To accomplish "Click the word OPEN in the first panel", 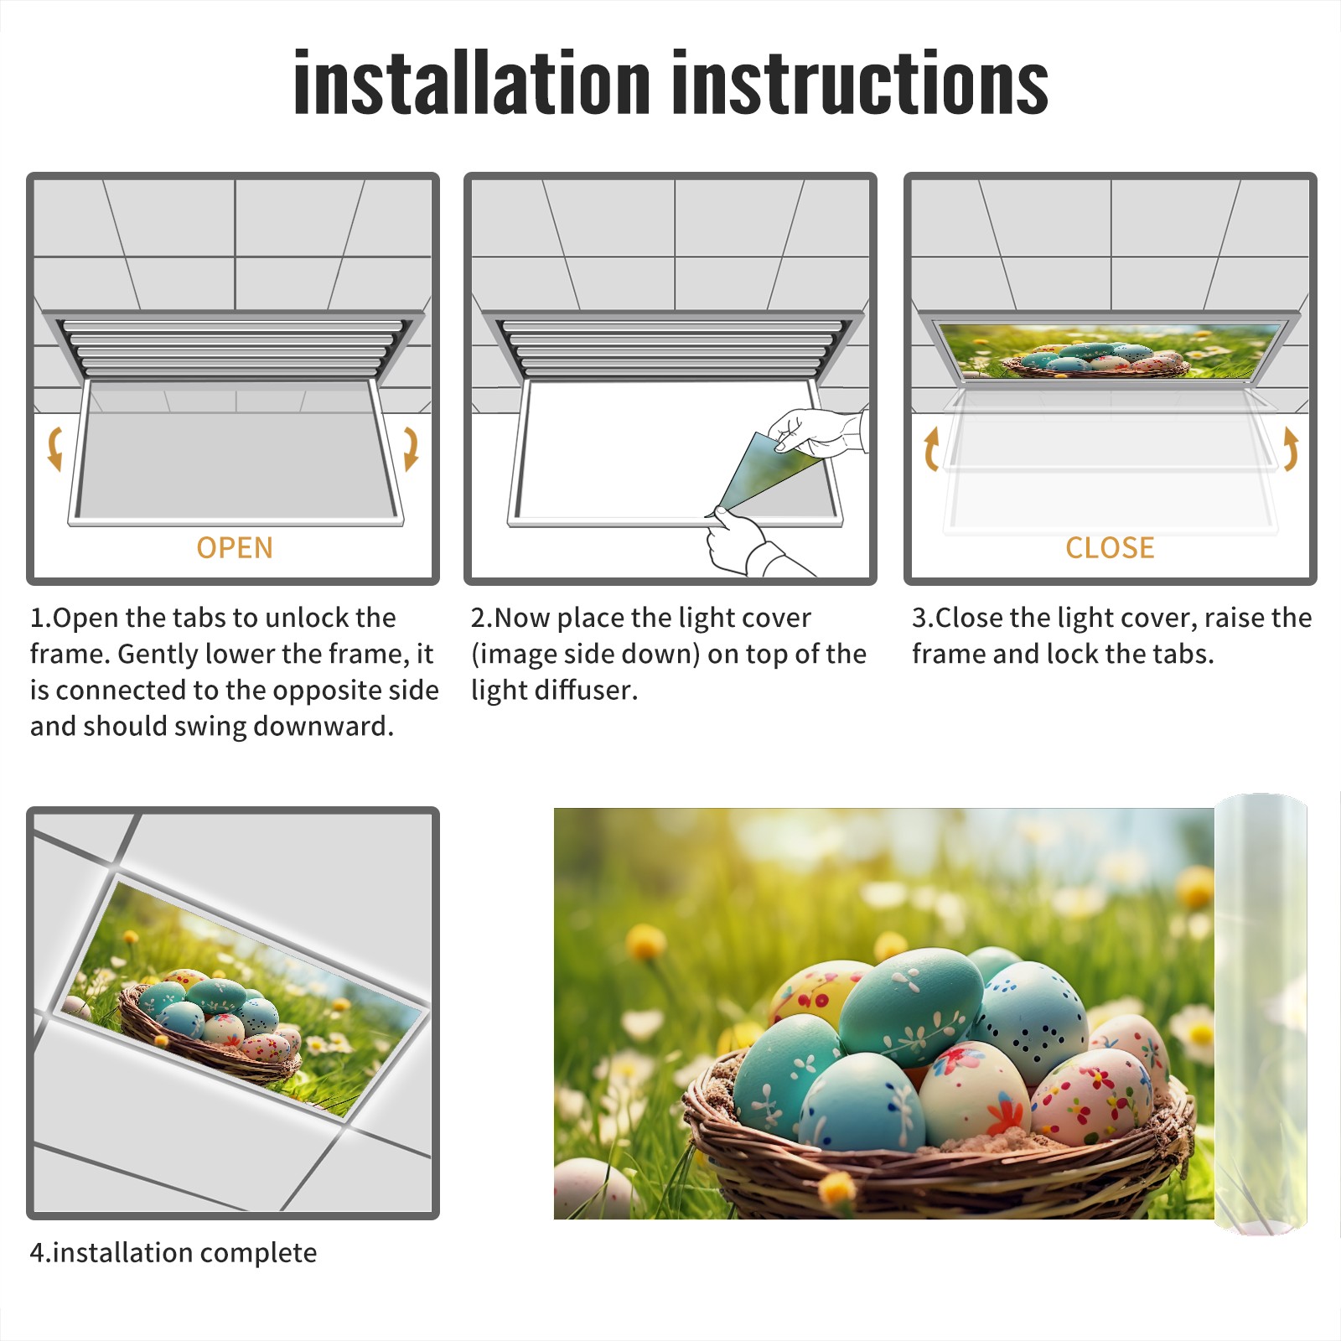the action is pos(235,547).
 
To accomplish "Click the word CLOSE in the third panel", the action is pos(1110,547).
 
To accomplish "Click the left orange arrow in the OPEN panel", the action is pos(54,448).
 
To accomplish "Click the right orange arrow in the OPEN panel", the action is pos(411,448).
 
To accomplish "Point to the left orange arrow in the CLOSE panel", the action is pos(930,448).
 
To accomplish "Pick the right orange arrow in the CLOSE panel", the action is pos(1291,448).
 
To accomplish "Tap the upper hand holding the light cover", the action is pos(817,432).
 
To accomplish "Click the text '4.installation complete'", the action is pos(173,1252).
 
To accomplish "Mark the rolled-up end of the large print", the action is pos(1261,1014).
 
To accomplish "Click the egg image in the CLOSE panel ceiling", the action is pos(1108,350).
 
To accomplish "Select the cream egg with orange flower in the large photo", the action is pos(974,1093).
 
